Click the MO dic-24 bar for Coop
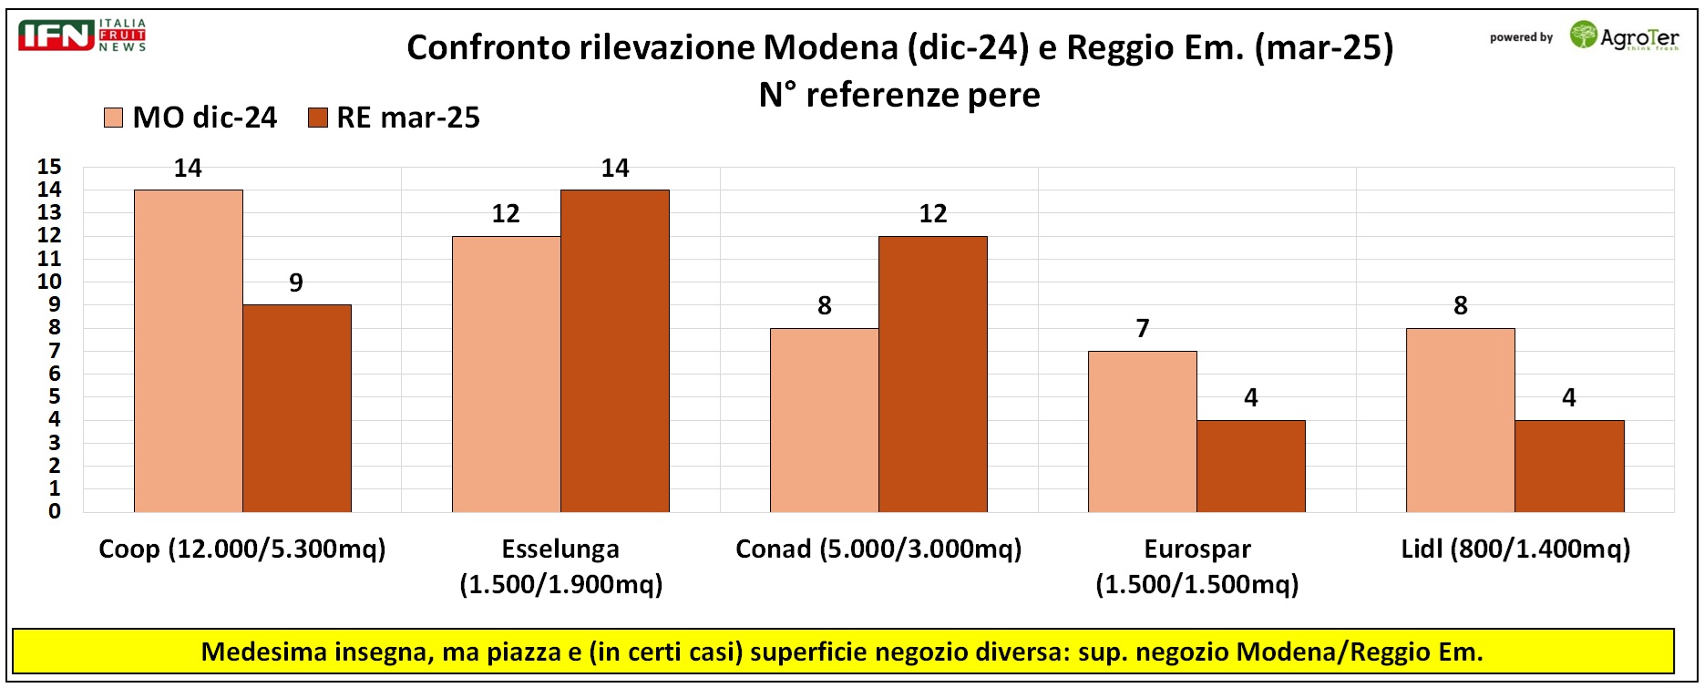pyautogui.click(x=189, y=351)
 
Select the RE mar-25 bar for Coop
pyautogui.click(x=297, y=408)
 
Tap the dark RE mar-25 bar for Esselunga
pyautogui.click(x=615, y=351)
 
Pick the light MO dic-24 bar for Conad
pyautogui.click(x=825, y=420)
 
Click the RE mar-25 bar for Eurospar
pyautogui.click(x=1251, y=466)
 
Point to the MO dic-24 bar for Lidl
pyautogui.click(x=1461, y=420)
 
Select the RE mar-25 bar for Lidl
pyautogui.click(x=1569, y=466)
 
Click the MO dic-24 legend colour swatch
pyautogui.click(x=114, y=118)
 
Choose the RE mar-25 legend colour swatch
pyautogui.click(x=318, y=118)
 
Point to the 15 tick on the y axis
pyautogui.click(x=49, y=167)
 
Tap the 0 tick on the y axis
pyautogui.click(x=55, y=511)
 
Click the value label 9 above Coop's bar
pyautogui.click(x=296, y=282)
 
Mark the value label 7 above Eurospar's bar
pyautogui.click(x=1143, y=328)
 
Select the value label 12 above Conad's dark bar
pyautogui.click(x=933, y=213)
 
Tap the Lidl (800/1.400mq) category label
pyautogui.click(x=1515, y=549)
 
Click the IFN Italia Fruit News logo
pyautogui.click(x=82, y=35)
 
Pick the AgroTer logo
pyautogui.click(x=1624, y=36)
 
